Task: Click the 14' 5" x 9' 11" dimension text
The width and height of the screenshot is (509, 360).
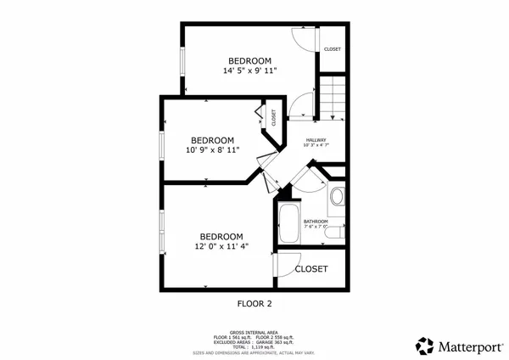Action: tap(249, 71)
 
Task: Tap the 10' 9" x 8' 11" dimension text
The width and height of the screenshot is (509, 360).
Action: tap(212, 150)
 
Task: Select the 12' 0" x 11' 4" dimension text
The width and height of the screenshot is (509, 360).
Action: tap(221, 247)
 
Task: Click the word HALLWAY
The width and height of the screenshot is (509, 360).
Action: tap(316, 139)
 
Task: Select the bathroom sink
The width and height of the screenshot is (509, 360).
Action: tap(336, 198)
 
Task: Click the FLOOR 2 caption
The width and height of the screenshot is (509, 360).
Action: tap(254, 302)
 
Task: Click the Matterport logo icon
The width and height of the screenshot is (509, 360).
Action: tap(425, 346)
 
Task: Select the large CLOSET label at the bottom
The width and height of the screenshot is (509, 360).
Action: tap(311, 269)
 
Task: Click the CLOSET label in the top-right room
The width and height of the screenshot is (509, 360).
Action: tap(332, 49)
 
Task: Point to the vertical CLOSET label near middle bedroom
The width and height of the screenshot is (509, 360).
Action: tap(274, 117)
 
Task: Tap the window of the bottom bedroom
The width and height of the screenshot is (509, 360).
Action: tap(162, 232)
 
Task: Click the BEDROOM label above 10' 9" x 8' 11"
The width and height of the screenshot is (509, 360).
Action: tap(212, 140)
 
